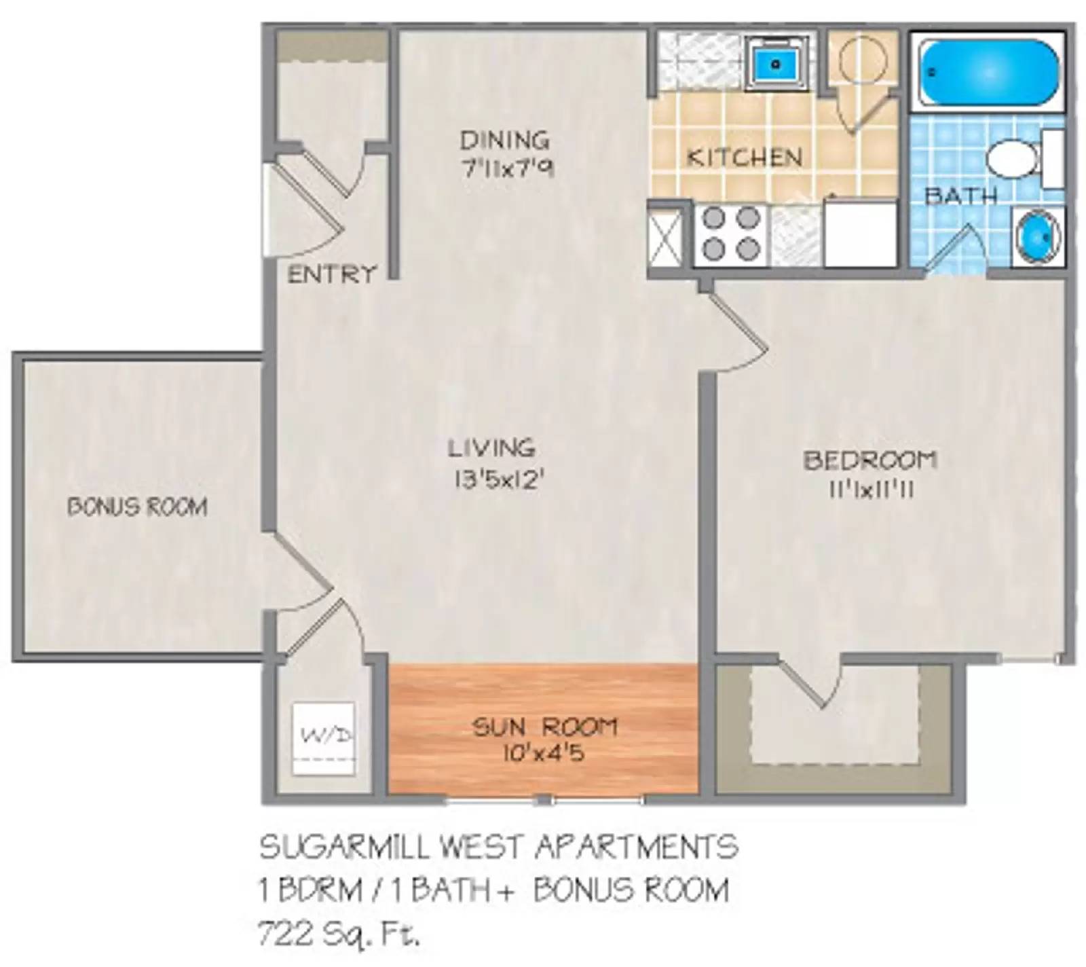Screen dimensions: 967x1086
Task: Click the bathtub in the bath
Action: point(988,72)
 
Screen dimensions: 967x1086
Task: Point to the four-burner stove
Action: point(730,234)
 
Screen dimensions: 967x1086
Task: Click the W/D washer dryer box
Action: point(323,739)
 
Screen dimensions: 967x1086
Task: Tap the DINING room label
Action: point(504,141)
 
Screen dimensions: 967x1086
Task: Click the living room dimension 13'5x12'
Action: point(500,479)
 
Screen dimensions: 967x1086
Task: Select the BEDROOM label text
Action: point(870,460)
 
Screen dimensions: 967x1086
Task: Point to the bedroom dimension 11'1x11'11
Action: point(870,490)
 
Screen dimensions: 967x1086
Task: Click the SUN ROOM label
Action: point(544,727)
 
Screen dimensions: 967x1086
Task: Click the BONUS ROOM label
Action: point(137,507)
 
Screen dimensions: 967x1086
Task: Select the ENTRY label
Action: point(332,274)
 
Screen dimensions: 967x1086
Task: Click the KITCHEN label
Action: point(744,158)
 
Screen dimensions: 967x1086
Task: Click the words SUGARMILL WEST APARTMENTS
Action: point(499,847)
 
